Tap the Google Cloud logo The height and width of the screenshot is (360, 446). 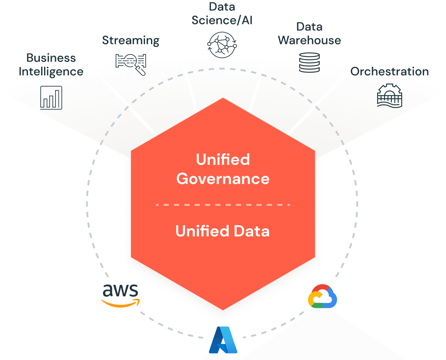(323, 296)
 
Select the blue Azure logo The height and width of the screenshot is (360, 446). (223, 340)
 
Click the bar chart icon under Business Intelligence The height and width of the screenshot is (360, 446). (51, 98)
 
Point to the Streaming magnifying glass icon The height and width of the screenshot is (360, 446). (131, 63)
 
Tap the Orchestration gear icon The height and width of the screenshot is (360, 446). (390, 95)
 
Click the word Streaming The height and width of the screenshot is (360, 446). (131, 40)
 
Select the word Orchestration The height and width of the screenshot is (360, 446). (390, 72)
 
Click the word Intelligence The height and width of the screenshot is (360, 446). (51, 72)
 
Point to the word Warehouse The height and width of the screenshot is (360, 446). (310, 40)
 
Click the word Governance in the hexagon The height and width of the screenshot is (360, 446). (223, 178)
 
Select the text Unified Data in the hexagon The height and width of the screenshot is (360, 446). (223, 231)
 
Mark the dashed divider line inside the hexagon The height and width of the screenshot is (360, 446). (223, 205)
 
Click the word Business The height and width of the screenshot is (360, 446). (51, 58)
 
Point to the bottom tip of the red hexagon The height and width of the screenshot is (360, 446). (223, 309)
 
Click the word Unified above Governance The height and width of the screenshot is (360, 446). (223, 160)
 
